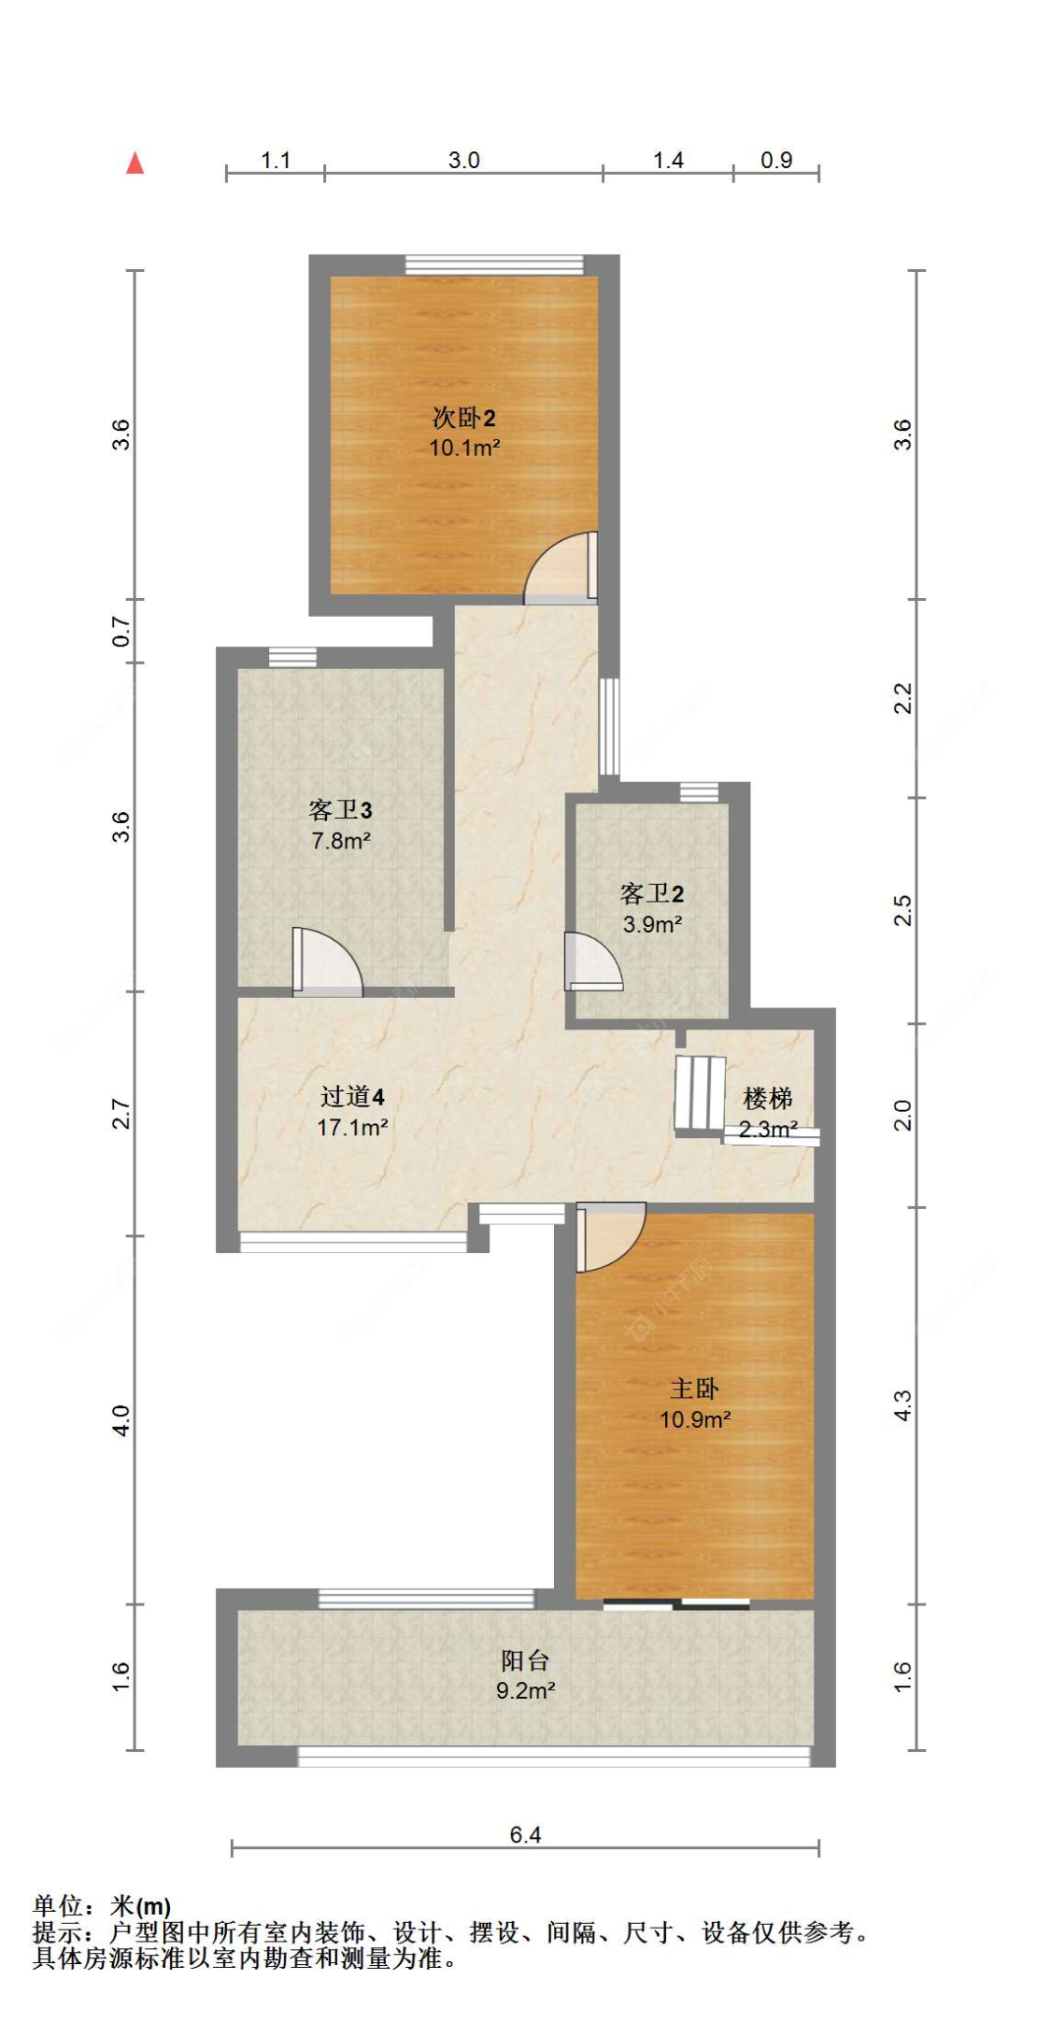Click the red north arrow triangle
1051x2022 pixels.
[x=135, y=164]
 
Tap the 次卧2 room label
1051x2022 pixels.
[x=463, y=418]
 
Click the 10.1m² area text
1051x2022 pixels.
[x=464, y=448]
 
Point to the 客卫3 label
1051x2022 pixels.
[x=340, y=809]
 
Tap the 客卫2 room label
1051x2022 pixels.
[x=652, y=893]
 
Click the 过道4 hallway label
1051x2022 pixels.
[x=352, y=1096]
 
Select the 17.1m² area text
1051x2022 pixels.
[x=352, y=1127]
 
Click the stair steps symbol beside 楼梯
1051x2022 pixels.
[x=700, y=1092]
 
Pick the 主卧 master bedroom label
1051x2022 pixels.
[x=694, y=1388]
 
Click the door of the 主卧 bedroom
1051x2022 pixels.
[x=609, y=1235]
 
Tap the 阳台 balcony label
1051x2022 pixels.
[x=525, y=1660]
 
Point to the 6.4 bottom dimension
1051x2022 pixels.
[x=525, y=1834]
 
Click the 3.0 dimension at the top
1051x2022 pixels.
[x=463, y=160]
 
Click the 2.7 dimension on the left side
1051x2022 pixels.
[x=121, y=1113]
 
